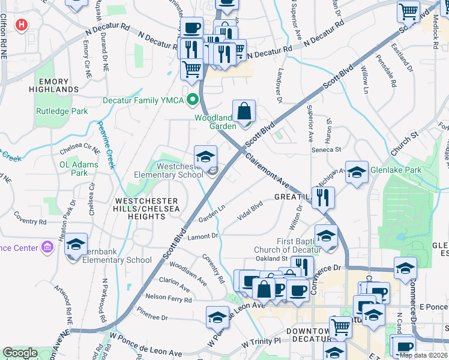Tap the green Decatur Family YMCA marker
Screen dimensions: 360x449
click(193, 100)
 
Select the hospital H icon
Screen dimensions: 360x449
click(22, 25)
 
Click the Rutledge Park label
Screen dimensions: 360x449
click(62, 111)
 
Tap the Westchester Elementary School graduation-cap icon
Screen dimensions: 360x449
click(205, 157)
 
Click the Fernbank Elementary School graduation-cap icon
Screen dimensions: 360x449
click(76, 244)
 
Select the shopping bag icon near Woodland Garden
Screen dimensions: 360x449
click(244, 111)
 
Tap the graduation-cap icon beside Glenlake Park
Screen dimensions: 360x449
click(357, 172)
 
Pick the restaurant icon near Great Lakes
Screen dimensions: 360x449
click(324, 196)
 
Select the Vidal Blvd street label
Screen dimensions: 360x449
click(250, 213)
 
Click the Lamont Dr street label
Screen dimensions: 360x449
click(202, 236)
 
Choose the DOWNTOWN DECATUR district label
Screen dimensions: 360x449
click(312, 335)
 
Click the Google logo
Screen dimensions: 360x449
click(20, 353)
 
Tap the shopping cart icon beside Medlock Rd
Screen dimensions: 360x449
click(408, 11)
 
